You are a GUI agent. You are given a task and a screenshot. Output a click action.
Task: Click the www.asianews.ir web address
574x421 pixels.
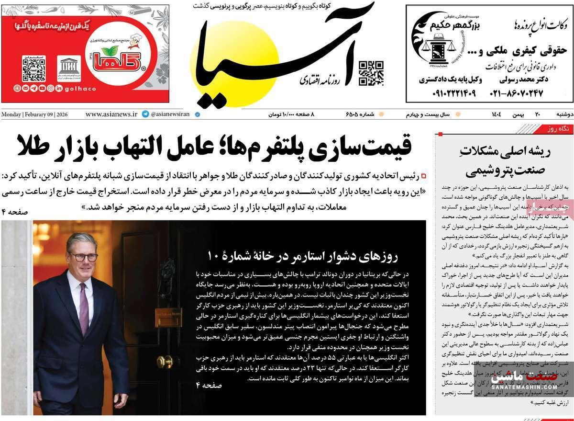[111, 114]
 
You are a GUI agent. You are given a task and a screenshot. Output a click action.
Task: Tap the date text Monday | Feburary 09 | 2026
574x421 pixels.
[34, 114]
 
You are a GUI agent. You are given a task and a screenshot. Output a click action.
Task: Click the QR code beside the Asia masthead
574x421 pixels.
[371, 73]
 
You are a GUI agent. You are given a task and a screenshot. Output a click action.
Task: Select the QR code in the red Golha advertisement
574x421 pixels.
[34, 68]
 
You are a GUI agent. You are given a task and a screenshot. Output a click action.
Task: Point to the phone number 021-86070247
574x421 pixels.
[516, 93]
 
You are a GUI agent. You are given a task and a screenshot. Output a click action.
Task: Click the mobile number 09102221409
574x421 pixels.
[448, 93]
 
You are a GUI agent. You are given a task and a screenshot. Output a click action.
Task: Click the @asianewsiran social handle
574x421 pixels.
[170, 114]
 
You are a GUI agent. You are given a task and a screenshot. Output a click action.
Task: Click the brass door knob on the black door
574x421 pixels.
[165, 361]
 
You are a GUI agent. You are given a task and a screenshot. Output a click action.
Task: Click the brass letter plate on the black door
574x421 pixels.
[168, 317]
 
